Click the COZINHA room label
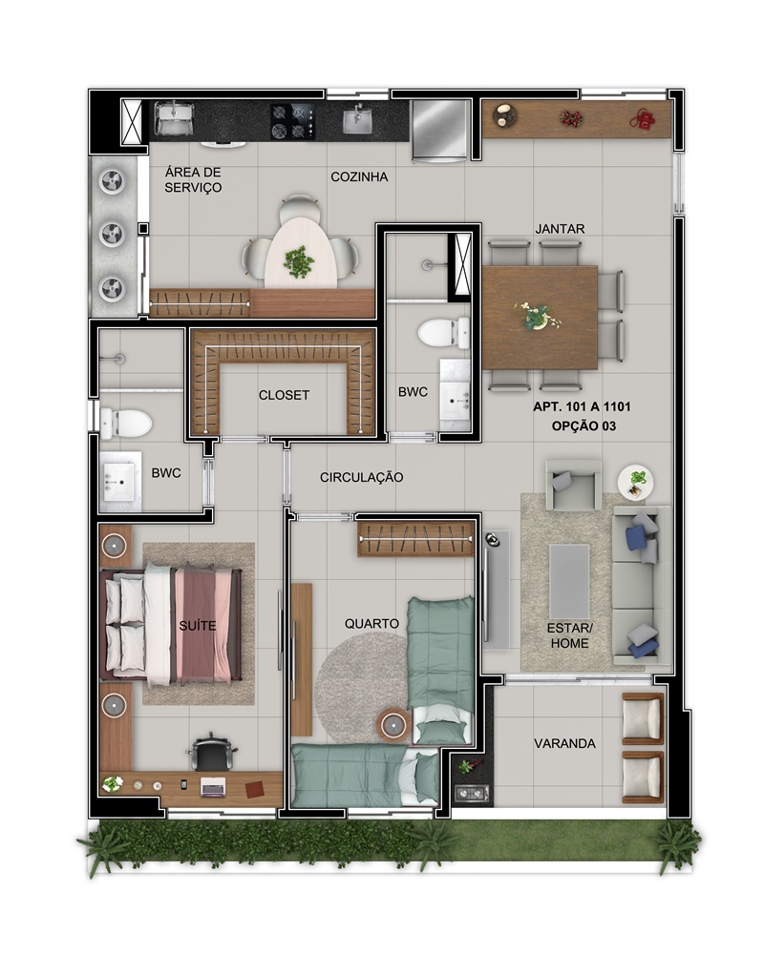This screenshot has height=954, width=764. point(359,177)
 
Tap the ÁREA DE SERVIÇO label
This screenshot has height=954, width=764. point(193,180)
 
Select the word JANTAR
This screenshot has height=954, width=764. point(560,229)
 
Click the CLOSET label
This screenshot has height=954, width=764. point(284,396)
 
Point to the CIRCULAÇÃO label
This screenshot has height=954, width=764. point(361,478)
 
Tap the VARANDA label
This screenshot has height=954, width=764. point(564,743)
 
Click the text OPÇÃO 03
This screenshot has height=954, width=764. point(584,426)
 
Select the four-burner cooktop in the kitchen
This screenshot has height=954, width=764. point(293,121)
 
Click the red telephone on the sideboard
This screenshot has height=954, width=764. point(642,118)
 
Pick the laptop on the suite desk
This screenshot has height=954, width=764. point(213,787)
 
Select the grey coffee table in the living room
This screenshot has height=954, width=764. point(569,581)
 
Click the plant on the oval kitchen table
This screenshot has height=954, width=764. point(299,262)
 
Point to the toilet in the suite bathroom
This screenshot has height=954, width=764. point(125,423)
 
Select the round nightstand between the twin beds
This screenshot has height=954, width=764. point(393,725)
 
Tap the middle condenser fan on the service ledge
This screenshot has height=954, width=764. point(113,234)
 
